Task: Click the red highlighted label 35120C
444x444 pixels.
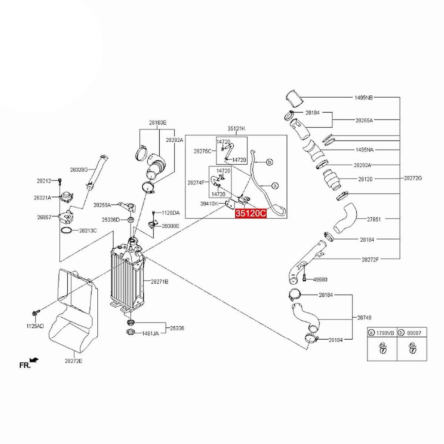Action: pos(251,214)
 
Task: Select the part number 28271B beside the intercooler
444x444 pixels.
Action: pos(159,282)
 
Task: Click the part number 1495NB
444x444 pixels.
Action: pos(363,98)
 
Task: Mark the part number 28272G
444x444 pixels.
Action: pos(413,178)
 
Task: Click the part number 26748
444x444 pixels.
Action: pos(364,317)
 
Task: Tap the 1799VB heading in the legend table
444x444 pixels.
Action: pos(385,333)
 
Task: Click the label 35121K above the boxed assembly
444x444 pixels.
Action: pos(236,128)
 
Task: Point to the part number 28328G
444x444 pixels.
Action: pos(79,169)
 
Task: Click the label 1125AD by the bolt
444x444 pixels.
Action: pos(35,326)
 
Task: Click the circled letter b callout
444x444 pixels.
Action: pos(270,162)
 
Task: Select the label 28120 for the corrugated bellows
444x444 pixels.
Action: pos(365,179)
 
